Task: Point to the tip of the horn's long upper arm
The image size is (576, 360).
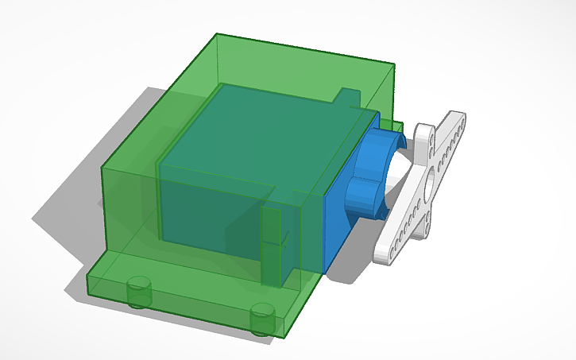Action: click(460, 119)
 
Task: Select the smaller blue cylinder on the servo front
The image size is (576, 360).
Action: click(365, 196)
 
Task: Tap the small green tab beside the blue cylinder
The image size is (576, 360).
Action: click(395, 126)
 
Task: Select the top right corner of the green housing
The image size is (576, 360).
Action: click(395, 65)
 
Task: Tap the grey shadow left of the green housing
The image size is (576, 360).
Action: click(79, 199)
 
